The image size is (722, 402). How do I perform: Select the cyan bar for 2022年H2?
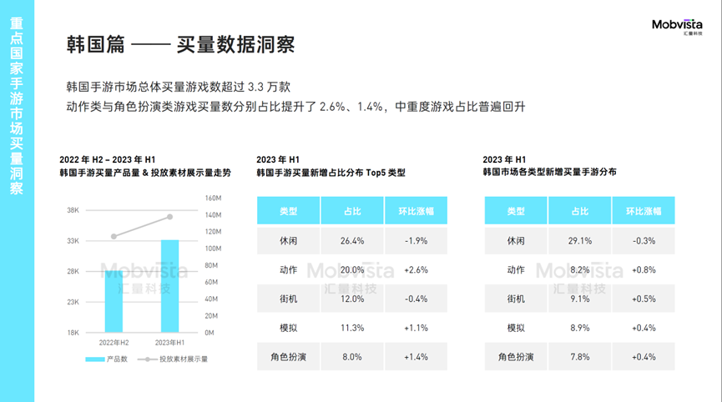[114, 300]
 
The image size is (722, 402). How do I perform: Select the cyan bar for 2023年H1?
[169, 286]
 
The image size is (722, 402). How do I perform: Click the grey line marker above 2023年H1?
[169, 217]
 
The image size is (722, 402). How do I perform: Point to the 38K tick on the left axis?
[73, 211]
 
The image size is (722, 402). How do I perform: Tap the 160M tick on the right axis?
[212, 198]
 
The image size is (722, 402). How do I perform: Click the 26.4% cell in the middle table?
[352, 241]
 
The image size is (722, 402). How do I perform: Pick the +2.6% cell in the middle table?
[416, 270]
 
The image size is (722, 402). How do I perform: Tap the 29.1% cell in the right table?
[579, 241]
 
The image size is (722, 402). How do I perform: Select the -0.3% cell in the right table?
[643, 241]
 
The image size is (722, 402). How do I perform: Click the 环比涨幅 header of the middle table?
[416, 212]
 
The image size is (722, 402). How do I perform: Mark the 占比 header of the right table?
[579, 212]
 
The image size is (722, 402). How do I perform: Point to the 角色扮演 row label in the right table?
[516, 357]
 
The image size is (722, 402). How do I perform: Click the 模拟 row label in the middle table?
[289, 328]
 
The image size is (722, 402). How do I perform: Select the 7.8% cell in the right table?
[579, 357]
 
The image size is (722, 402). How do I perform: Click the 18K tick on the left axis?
[73, 333]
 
